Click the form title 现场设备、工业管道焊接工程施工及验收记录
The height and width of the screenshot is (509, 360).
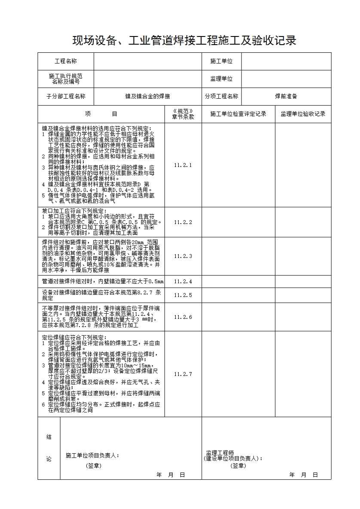(x=184, y=41)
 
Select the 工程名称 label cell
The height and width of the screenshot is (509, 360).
(x=65, y=61)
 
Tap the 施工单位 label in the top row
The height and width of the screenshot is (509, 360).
(x=221, y=61)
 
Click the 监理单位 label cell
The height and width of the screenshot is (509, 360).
(x=221, y=79)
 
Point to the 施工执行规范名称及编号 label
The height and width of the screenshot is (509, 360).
(x=65, y=79)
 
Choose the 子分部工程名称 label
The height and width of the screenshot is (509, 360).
(x=65, y=97)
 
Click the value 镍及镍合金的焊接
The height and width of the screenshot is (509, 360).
(x=147, y=97)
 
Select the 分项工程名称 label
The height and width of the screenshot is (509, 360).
(x=221, y=97)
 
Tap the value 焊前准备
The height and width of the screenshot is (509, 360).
(x=286, y=97)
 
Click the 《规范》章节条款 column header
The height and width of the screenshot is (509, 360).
(x=183, y=114)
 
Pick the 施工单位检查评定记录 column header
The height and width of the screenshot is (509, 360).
(x=238, y=114)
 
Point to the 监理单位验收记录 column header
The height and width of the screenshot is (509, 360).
(x=303, y=114)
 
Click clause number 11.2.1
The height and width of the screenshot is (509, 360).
(x=183, y=165)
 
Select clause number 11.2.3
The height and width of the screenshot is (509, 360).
(x=183, y=256)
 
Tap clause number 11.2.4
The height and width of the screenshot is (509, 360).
(x=183, y=282)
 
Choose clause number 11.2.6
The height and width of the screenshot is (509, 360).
(x=183, y=317)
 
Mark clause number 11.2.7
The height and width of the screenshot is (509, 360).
(x=183, y=374)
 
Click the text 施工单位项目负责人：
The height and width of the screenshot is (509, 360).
(x=92, y=455)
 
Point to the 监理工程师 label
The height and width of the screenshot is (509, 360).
(x=220, y=453)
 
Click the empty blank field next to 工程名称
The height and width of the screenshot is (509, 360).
(x=147, y=61)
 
